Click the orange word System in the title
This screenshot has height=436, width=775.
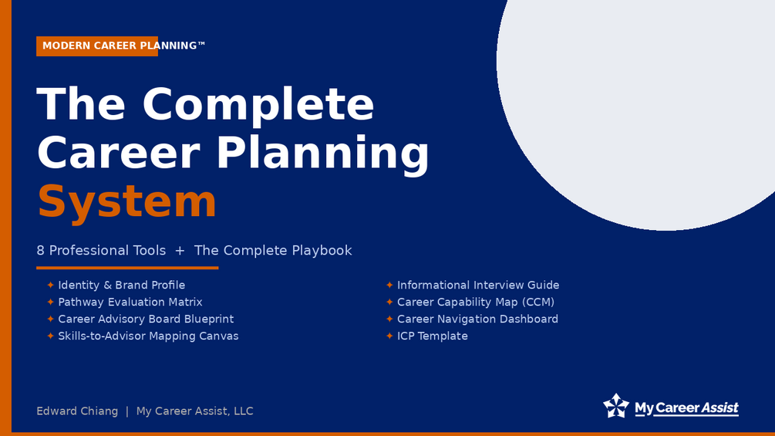click(126, 201)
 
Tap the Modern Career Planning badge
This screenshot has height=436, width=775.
click(97, 46)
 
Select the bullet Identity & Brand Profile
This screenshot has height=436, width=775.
click(122, 286)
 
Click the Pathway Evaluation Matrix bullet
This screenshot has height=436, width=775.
click(130, 302)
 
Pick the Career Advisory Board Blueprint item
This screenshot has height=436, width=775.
click(146, 319)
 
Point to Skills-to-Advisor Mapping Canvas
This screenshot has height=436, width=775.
click(148, 336)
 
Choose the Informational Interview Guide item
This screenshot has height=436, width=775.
click(478, 286)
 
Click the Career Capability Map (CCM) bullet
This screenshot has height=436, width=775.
click(476, 302)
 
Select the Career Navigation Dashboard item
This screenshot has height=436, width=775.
click(477, 319)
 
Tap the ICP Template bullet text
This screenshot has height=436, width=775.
click(432, 336)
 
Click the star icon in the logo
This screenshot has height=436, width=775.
click(616, 406)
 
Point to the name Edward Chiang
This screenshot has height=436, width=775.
click(77, 411)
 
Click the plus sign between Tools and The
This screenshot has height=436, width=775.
click(180, 251)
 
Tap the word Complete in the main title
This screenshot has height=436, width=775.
click(258, 104)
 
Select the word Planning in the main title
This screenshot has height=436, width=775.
click(323, 154)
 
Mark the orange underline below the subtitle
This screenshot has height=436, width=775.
click(127, 268)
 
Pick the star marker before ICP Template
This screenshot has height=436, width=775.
click(389, 336)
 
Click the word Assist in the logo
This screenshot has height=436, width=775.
click(720, 407)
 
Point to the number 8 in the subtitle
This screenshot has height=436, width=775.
click(41, 251)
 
